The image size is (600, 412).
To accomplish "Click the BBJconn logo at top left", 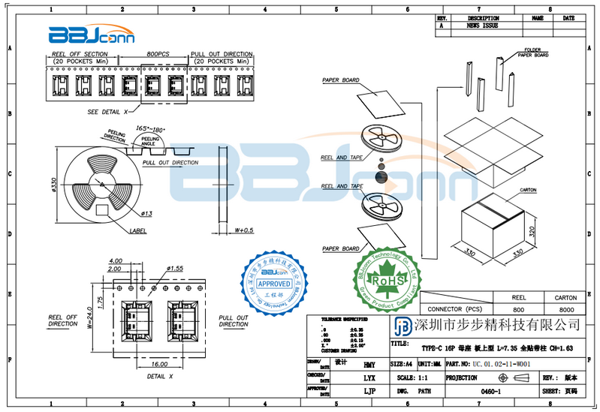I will click(x=81, y=35).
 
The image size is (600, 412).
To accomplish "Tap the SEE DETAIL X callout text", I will click(x=108, y=111).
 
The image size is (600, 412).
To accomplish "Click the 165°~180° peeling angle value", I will click(x=150, y=129).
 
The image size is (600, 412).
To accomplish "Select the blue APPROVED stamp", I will click(x=274, y=284).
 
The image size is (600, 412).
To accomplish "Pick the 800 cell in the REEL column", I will click(x=518, y=309).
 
